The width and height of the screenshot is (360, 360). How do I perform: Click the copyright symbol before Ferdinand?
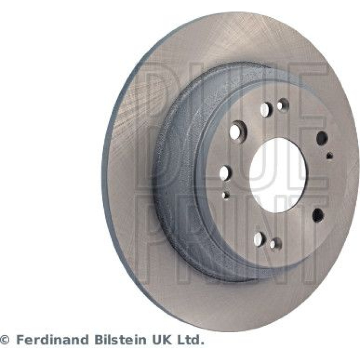pos(5,340)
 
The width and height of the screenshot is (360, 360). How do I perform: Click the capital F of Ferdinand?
pos(21,340)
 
